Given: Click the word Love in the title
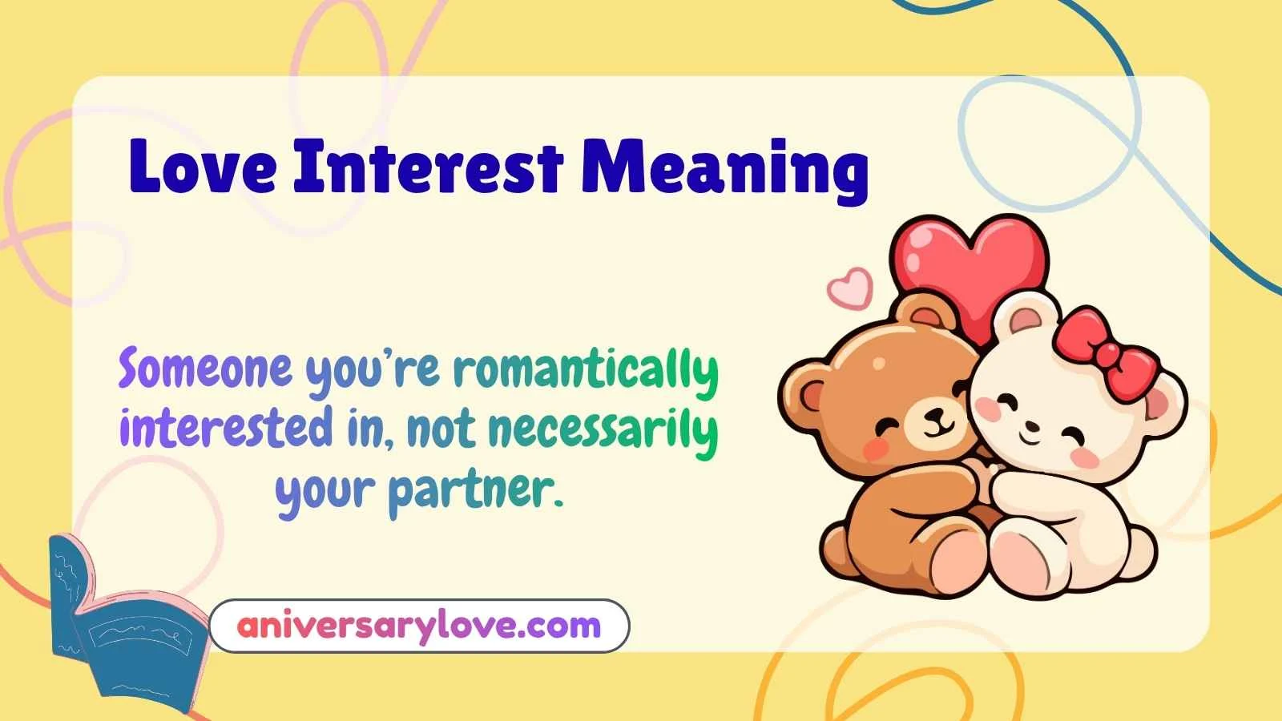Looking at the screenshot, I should click(x=203, y=167).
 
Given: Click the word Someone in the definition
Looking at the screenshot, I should click(x=206, y=369).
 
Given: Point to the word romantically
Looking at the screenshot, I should click(x=586, y=371).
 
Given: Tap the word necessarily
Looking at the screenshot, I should click(x=603, y=430).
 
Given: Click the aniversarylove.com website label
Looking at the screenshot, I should click(x=419, y=626).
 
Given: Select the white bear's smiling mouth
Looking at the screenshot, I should click(x=1030, y=437).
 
